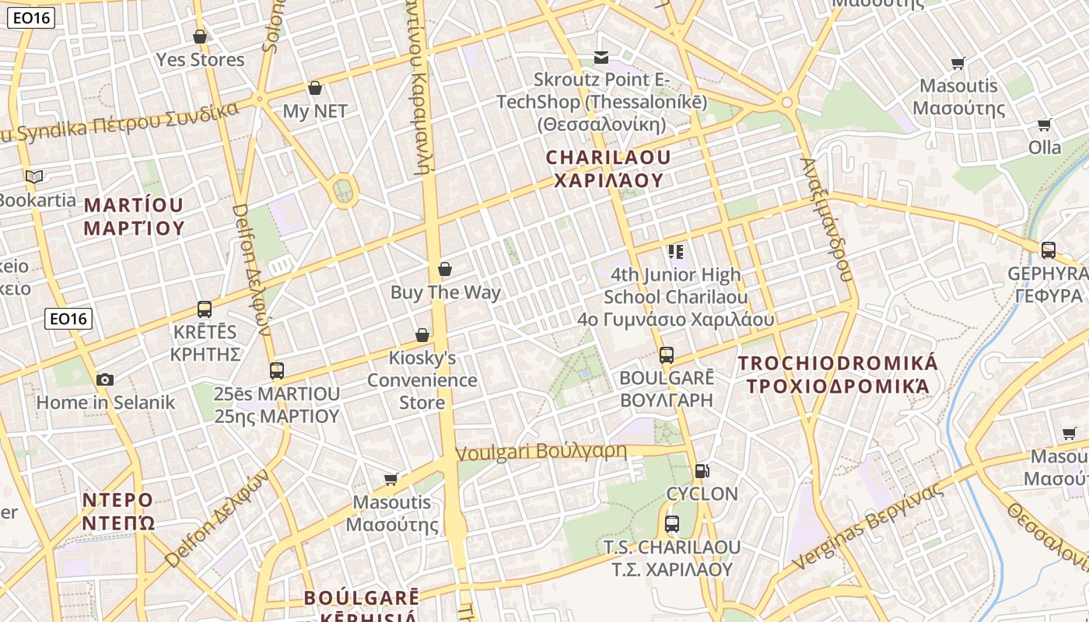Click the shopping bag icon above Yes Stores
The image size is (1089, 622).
200,37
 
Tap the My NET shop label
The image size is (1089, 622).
315,111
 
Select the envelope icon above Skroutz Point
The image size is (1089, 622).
601,57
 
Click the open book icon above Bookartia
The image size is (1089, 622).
33,176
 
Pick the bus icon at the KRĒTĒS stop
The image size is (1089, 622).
205,309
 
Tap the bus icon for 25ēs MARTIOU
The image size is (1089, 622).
277,370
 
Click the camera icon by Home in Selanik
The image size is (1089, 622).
105,379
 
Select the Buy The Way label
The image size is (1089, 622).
446,292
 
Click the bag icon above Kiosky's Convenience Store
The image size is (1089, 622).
422,335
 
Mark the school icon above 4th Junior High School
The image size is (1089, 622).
675,251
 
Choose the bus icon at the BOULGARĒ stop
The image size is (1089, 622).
667,355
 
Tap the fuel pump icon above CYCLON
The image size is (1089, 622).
702,470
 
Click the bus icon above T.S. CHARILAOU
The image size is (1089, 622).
672,523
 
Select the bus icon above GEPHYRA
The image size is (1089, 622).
1049,250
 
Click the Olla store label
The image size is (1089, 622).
1045,147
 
